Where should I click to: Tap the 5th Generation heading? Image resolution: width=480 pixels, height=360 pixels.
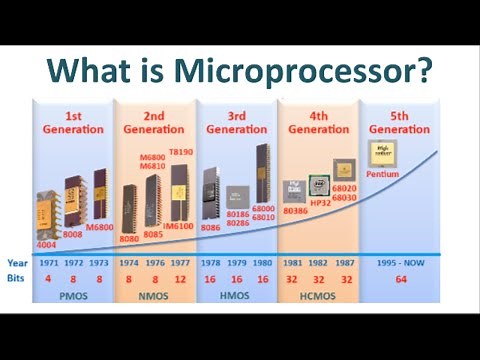(399, 123)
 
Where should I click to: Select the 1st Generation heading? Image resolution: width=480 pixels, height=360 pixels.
(71, 123)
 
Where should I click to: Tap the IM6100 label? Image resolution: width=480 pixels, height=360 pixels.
(178, 227)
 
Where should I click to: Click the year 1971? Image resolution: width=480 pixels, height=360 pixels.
(48, 263)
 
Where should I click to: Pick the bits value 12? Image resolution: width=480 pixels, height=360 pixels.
(179, 282)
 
